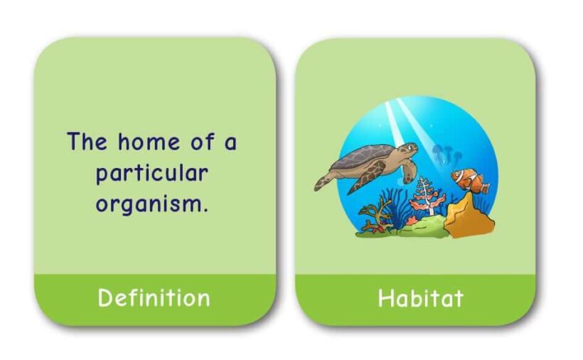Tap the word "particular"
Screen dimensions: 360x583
click(152, 174)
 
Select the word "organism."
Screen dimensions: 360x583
click(152, 204)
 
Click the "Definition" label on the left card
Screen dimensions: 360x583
click(154, 297)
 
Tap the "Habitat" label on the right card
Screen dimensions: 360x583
click(420, 297)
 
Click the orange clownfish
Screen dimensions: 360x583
click(466, 181)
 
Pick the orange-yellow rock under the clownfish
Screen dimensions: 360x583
click(469, 217)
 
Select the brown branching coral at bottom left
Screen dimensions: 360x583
click(375, 213)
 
